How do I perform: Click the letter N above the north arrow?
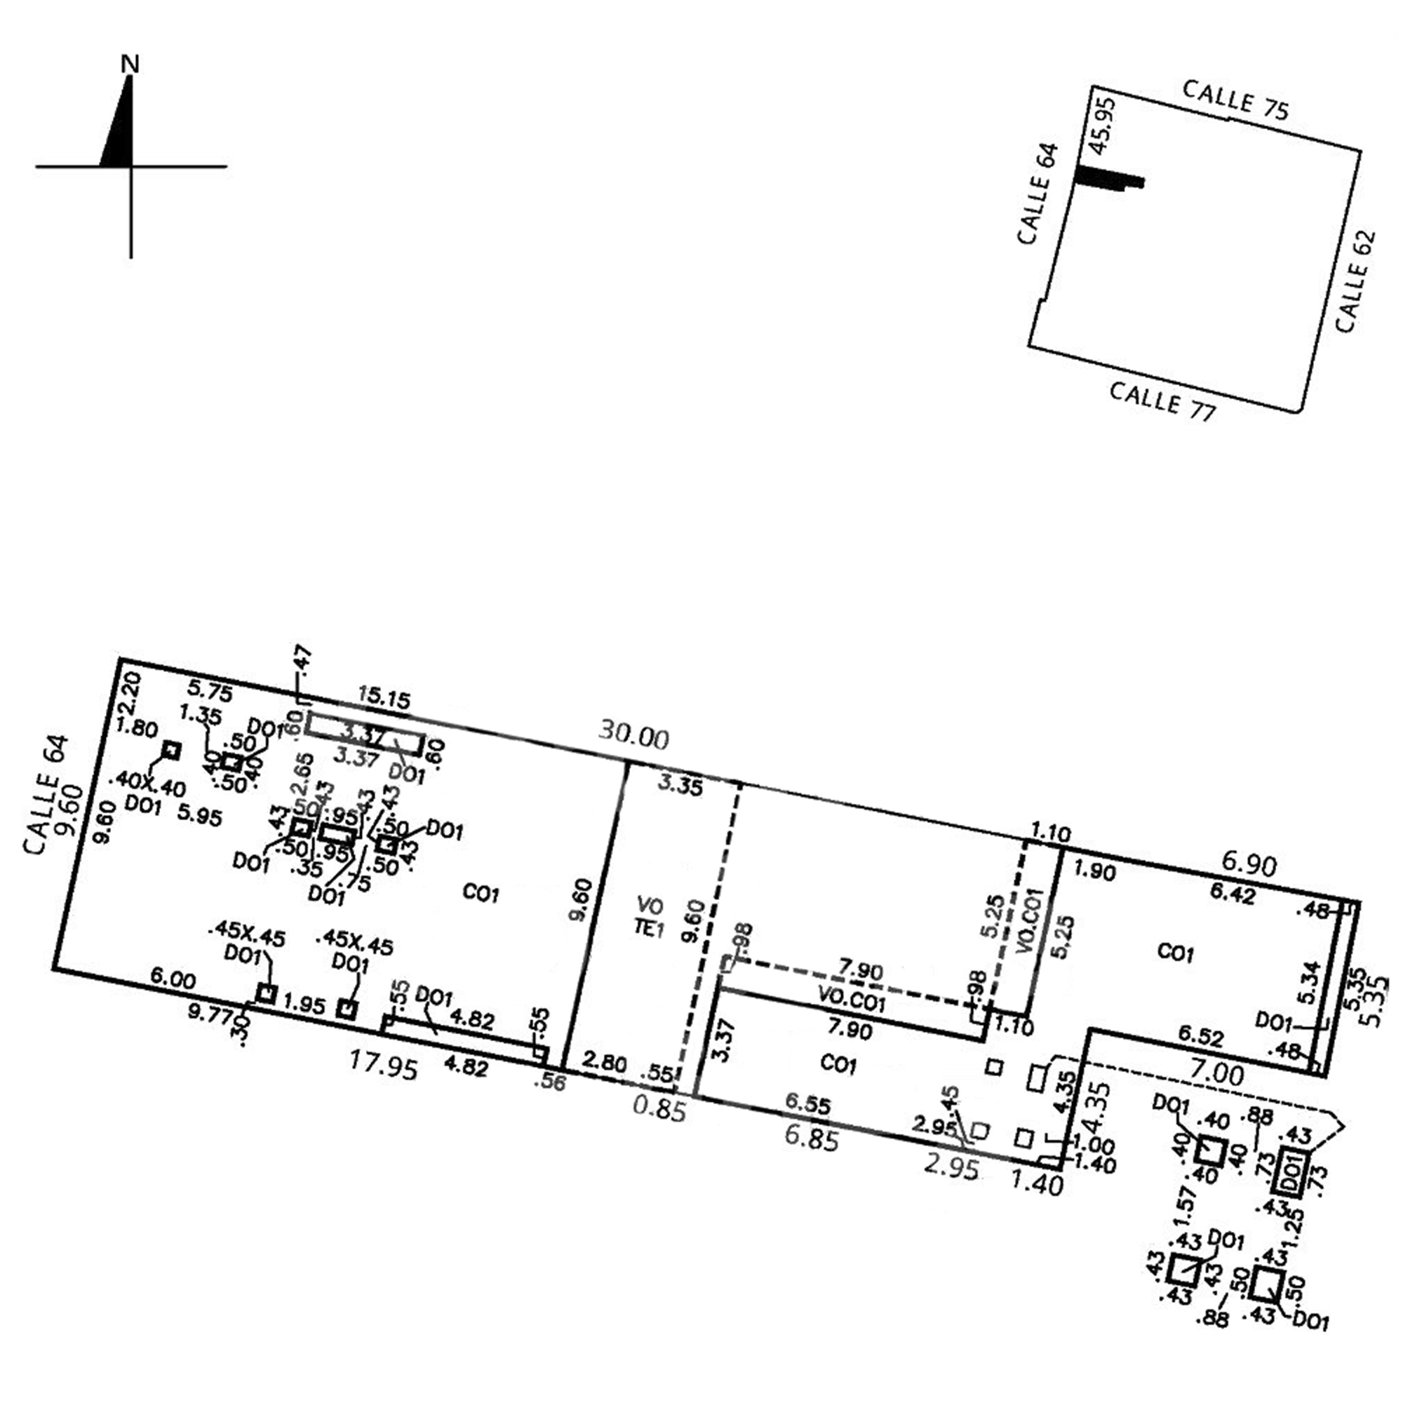pos(130,65)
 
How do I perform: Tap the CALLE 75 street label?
pos(1235,100)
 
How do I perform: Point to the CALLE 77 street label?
pos(1162,401)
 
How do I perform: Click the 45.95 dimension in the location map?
pos(1103,126)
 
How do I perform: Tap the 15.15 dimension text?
pos(384,699)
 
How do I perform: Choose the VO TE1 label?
pos(650,917)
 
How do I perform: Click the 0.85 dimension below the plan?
pos(659,1109)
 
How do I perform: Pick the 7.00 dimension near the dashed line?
pos(1217,1073)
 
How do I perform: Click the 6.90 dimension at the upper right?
pos(1249,864)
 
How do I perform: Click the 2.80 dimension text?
pos(604,1063)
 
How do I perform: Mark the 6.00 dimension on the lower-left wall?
pos(173,979)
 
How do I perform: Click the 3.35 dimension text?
pos(680,786)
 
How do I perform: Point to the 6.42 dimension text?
pos(1233,893)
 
